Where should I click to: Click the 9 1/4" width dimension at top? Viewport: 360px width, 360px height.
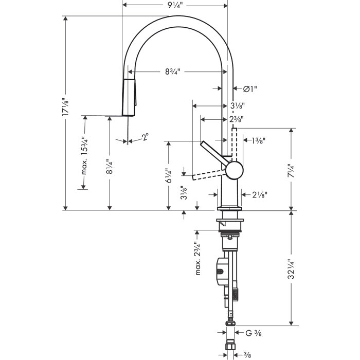tap(175, 6)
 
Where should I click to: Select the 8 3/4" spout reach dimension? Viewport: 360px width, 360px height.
tap(175, 72)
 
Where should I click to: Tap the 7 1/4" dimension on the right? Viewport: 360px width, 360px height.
tap(291, 170)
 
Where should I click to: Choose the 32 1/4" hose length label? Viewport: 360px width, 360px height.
tap(291, 269)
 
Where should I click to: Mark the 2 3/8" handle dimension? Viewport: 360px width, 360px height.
tap(237, 119)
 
